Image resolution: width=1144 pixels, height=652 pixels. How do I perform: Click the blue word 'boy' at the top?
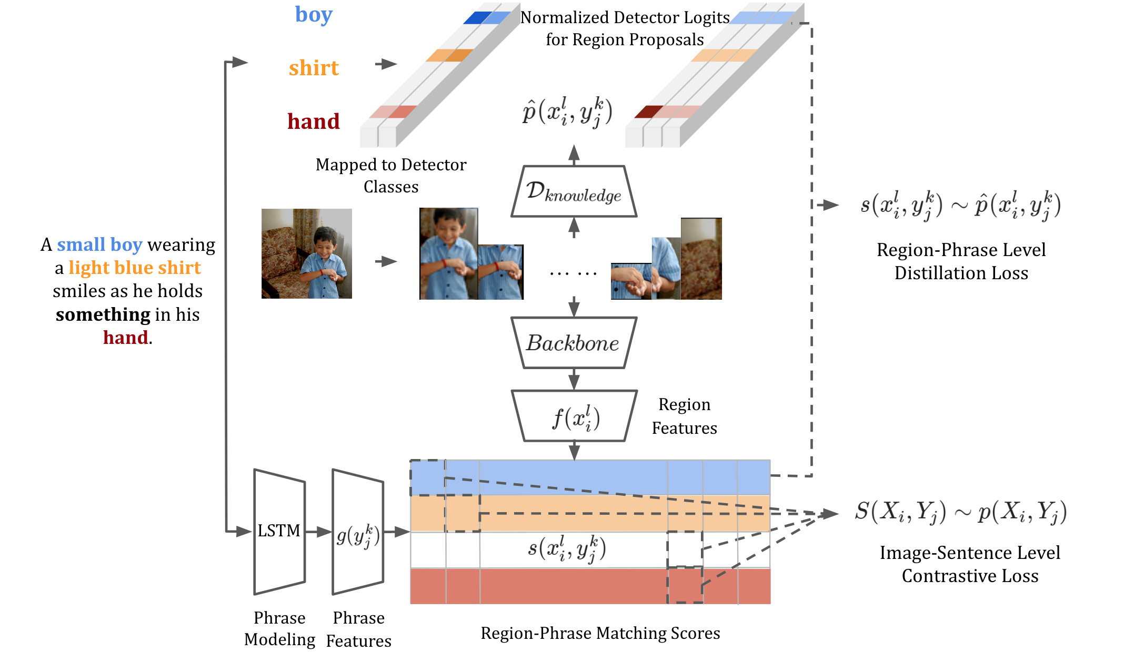pyautogui.click(x=314, y=15)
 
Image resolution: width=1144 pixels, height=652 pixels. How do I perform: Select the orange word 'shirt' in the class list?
pyautogui.click(x=314, y=68)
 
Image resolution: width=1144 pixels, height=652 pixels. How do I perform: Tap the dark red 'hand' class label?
pyautogui.click(x=314, y=121)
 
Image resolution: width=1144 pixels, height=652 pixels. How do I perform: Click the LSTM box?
pyautogui.click(x=279, y=531)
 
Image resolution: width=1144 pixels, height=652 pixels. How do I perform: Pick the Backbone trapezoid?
pyautogui.click(x=574, y=343)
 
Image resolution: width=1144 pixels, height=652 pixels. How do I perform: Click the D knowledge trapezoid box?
pyautogui.click(x=574, y=191)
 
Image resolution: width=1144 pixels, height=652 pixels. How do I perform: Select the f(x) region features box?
pyautogui.click(x=574, y=416)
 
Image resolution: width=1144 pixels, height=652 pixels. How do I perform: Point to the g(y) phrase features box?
pyautogui.click(x=358, y=532)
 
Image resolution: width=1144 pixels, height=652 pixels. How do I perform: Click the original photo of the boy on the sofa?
pyautogui.click(x=307, y=253)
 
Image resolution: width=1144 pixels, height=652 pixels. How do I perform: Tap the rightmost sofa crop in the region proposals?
pyautogui.click(x=701, y=259)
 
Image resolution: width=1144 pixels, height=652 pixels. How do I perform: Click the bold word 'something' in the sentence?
pyautogui.click(x=103, y=314)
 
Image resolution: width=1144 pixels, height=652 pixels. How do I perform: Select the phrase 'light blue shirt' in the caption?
pyautogui.click(x=135, y=268)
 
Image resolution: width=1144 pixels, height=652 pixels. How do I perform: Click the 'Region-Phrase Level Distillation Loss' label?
pyautogui.click(x=961, y=261)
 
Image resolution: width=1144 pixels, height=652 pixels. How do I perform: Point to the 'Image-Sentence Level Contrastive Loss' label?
pyautogui.click(x=970, y=564)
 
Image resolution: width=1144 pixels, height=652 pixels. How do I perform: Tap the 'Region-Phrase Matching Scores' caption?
pyautogui.click(x=600, y=633)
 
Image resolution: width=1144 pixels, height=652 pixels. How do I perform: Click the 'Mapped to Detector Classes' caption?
pyautogui.click(x=391, y=176)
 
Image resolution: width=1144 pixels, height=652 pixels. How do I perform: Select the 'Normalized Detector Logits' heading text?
pyautogui.click(x=625, y=17)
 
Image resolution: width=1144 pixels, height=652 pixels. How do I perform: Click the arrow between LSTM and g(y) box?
pyautogui.click(x=318, y=532)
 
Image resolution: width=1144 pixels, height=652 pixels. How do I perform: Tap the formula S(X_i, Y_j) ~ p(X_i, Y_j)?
pyautogui.click(x=961, y=512)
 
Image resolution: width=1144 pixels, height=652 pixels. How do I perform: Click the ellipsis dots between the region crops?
pyautogui.click(x=573, y=274)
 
